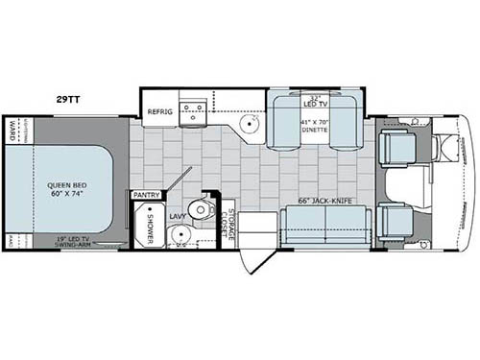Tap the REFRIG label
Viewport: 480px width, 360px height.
click(x=159, y=112)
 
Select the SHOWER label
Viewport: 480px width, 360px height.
click(x=150, y=225)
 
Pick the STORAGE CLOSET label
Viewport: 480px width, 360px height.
click(x=225, y=223)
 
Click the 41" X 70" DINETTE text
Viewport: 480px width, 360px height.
click(x=316, y=128)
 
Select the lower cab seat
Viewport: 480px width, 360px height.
click(x=396, y=222)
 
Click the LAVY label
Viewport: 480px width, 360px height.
click(x=179, y=218)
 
